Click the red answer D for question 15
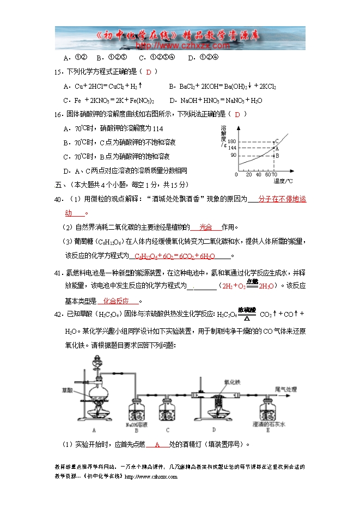148,72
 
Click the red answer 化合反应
119,301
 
